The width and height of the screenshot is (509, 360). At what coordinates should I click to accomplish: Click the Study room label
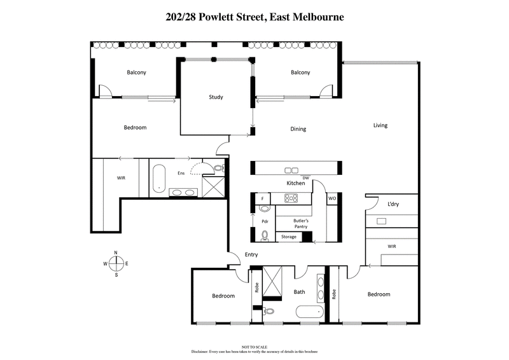[x=216, y=97]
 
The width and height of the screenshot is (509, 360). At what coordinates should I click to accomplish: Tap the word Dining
[x=298, y=129]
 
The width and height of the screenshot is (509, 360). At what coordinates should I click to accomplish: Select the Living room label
[x=380, y=125]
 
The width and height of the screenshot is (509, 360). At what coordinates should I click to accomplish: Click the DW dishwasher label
[x=306, y=177]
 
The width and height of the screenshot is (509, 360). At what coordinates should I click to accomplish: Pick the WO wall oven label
[x=331, y=199]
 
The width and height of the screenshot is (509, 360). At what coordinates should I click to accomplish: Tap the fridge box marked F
[x=263, y=199]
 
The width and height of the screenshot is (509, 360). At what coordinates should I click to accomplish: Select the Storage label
[x=289, y=237]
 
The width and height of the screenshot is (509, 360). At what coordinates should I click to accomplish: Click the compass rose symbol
[x=116, y=263]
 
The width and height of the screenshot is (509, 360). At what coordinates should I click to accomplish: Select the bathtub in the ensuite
[x=159, y=179]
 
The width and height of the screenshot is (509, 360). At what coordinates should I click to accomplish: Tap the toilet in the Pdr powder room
[x=265, y=235]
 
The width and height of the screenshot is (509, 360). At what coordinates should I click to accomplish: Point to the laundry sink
[x=382, y=221]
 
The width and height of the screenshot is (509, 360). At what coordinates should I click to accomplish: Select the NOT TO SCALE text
[x=254, y=347]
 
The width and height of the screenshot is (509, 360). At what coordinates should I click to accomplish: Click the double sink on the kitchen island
[x=291, y=170]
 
